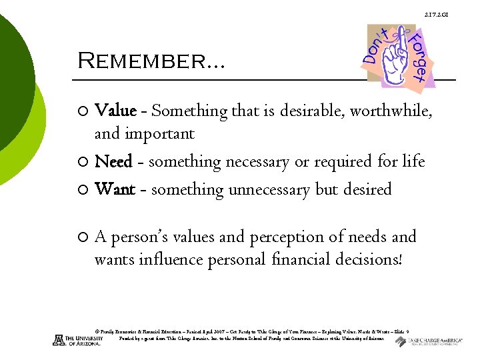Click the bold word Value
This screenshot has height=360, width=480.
pos(116,110)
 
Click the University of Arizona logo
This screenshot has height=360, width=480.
pos(78,339)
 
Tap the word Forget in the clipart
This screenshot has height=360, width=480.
pos(419,57)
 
